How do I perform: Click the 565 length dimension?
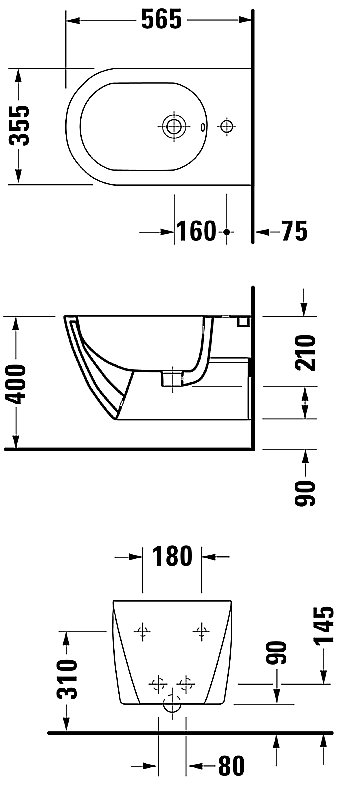click(161, 20)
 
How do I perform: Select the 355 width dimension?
click(20, 125)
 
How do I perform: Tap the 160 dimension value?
click(196, 231)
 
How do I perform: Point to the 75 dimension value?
click(294, 231)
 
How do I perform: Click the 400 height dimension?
click(16, 384)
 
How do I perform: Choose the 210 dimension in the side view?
click(305, 353)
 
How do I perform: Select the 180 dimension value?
click(172, 556)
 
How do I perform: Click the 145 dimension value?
click(323, 626)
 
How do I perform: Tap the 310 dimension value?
click(68, 679)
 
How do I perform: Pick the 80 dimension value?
click(231, 766)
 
